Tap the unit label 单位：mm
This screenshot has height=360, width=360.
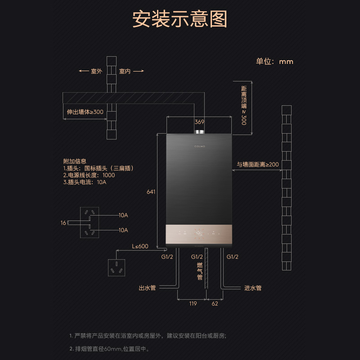click(x=274, y=62)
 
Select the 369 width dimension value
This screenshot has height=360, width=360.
click(x=199, y=122)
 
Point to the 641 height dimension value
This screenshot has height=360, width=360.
click(x=151, y=192)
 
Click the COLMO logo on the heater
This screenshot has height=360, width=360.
click(x=199, y=145)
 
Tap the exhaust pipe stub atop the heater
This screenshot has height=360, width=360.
click(x=199, y=132)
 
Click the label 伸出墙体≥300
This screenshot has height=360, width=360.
click(x=85, y=112)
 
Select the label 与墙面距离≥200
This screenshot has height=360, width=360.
click(x=258, y=164)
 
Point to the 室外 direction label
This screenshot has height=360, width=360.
click(x=96, y=71)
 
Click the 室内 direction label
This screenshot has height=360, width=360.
click(x=125, y=71)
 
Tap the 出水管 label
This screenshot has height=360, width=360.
click(x=147, y=288)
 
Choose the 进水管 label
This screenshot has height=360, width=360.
click(x=252, y=288)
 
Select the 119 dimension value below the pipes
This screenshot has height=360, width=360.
click(x=193, y=304)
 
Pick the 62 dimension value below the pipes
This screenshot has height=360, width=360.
click(x=215, y=304)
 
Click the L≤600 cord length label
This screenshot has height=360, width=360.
click(x=140, y=246)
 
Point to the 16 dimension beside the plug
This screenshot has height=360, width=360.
click(x=63, y=223)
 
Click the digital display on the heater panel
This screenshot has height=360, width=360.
click(x=199, y=234)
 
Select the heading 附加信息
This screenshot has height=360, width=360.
click(x=75, y=161)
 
